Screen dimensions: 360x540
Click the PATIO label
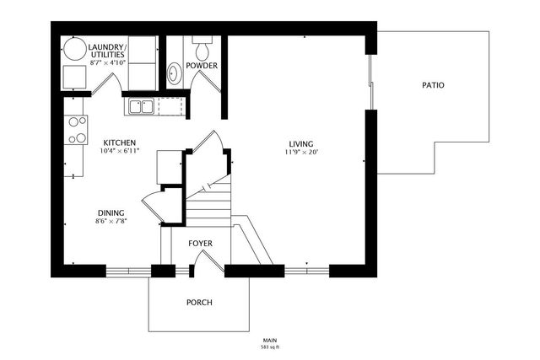pos(431,85)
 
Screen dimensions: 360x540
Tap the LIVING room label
pos(299,143)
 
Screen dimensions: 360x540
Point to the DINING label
pos(111,212)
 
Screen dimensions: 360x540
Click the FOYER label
pos(200,244)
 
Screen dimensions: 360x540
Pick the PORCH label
pos(199,303)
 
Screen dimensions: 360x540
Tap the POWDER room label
pos(202,65)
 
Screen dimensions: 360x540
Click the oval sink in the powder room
pos(175,73)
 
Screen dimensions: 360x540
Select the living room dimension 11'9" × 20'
pos(299,152)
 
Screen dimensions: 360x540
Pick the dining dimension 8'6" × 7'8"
pos(111,221)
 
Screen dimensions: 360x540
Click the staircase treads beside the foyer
pos(208,207)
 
